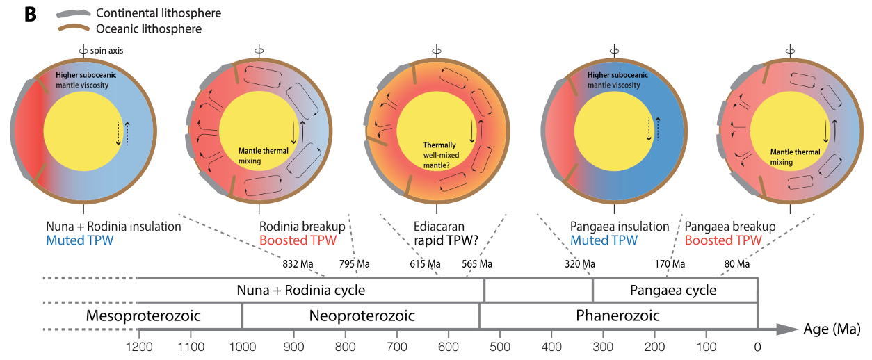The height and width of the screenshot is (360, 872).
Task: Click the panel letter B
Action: (x=31, y=15)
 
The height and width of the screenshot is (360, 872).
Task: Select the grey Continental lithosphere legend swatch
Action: (x=74, y=14)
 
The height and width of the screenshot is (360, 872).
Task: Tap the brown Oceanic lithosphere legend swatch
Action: (x=74, y=28)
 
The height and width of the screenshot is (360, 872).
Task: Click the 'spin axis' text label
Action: (x=106, y=51)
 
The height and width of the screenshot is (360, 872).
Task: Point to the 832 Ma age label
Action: (x=298, y=264)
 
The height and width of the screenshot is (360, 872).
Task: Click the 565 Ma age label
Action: (x=477, y=264)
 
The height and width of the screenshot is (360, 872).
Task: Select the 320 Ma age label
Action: (x=580, y=264)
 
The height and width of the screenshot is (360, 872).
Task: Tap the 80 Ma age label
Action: (x=737, y=264)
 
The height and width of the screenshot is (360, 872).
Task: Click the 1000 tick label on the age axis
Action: (x=243, y=347)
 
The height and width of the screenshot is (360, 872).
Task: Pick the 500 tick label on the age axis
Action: (x=500, y=347)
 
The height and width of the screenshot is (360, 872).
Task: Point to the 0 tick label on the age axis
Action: (x=757, y=347)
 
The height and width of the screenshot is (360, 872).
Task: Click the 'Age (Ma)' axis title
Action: (x=832, y=329)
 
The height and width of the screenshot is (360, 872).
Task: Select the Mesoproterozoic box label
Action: (x=143, y=316)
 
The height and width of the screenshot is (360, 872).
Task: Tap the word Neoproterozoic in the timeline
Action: (x=362, y=316)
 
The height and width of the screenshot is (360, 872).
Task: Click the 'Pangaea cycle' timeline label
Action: (x=673, y=291)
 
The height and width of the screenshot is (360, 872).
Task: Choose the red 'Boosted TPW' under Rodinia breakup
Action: (x=298, y=240)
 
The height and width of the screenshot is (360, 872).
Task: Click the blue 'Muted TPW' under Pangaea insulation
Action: (x=604, y=240)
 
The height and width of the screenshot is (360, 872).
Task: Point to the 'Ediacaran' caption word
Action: (x=439, y=227)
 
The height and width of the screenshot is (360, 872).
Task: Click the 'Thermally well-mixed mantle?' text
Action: (x=441, y=155)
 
